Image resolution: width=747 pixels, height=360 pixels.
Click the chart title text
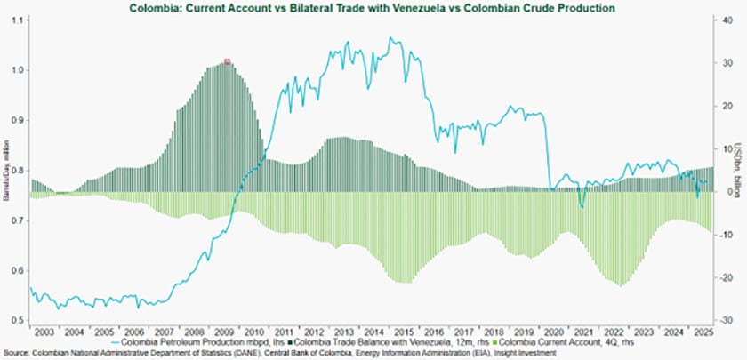tap(373, 7)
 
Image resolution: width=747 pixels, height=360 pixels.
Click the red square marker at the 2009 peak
tap(228, 61)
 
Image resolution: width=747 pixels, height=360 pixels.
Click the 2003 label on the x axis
tap(45, 331)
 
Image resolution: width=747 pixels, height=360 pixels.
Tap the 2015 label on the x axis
tap(402, 331)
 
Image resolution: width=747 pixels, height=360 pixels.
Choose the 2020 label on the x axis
tap(551, 331)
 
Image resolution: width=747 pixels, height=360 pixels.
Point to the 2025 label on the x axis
tap(700, 331)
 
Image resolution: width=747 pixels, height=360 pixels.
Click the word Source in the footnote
tap(14, 352)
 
